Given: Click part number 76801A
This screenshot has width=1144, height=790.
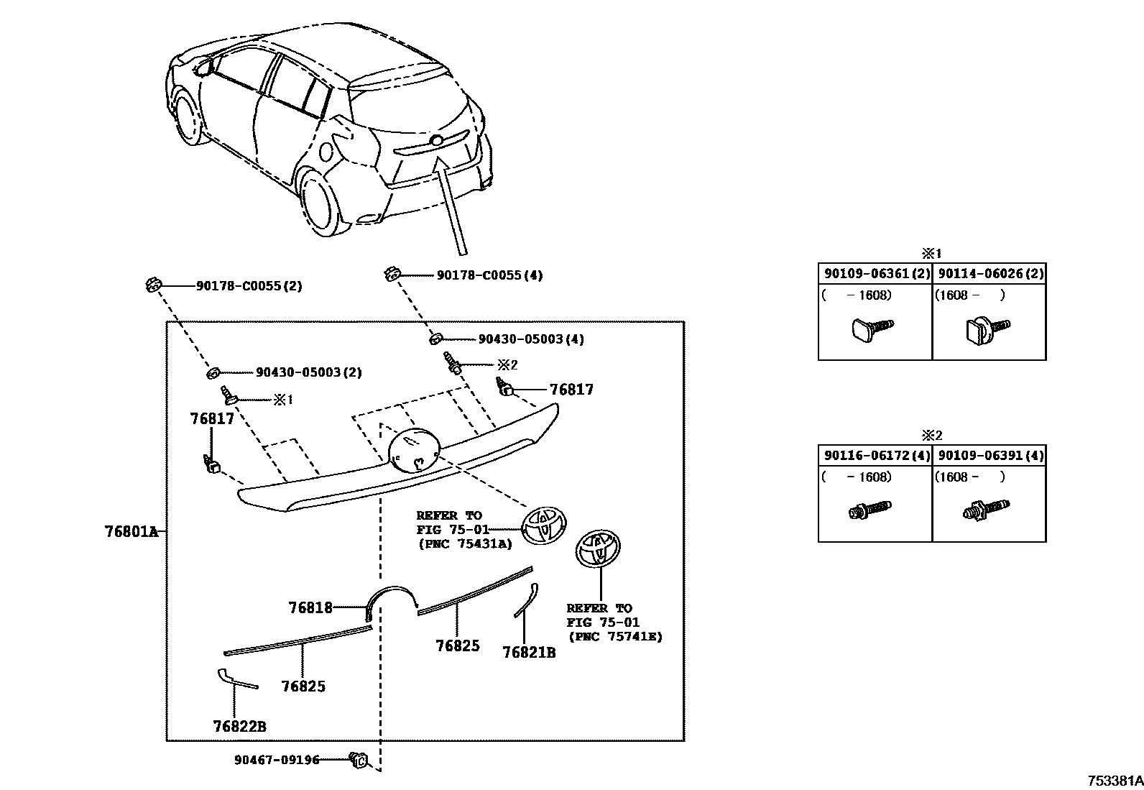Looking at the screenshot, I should pyautogui.click(x=131, y=532).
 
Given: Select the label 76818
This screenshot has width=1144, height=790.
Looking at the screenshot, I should pyautogui.click(x=310, y=607).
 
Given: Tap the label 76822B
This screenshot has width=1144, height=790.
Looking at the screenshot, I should pyautogui.click(x=239, y=726).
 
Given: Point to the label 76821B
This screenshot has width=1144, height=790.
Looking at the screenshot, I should pyautogui.click(x=529, y=652).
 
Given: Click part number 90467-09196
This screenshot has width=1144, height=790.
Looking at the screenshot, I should pyautogui.click(x=277, y=760).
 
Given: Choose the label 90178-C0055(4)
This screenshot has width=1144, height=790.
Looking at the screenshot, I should pyautogui.click(x=489, y=275).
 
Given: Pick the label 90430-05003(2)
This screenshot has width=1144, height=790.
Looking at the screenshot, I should pyautogui.click(x=308, y=372).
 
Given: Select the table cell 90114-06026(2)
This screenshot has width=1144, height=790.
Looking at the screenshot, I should pyautogui.click(x=990, y=274).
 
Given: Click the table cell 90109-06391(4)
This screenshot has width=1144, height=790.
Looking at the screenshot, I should pyautogui.click(x=990, y=456).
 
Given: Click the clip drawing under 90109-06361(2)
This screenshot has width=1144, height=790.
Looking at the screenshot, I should pyautogui.click(x=871, y=329).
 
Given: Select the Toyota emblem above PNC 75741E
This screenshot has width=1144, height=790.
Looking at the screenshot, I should pyautogui.click(x=599, y=551).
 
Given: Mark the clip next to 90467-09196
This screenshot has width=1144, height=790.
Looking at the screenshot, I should pyautogui.click(x=359, y=758).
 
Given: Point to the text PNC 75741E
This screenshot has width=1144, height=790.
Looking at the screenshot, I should pyautogui.click(x=614, y=636).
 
